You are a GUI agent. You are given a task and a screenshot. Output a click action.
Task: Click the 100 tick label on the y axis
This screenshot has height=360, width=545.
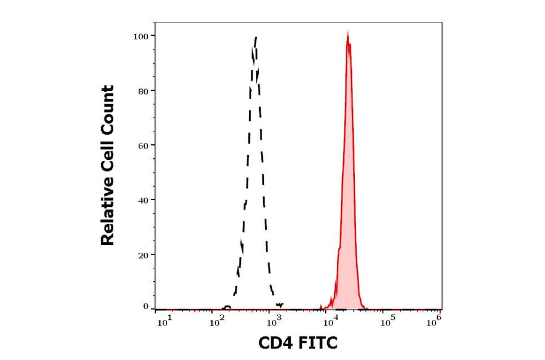coord(140,36)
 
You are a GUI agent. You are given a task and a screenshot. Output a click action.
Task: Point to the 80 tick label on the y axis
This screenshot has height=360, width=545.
coord(142,91)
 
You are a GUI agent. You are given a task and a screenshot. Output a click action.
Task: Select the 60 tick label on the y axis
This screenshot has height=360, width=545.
coord(142,145)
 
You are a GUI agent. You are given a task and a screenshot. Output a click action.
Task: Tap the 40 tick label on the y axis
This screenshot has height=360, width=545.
coord(142,200)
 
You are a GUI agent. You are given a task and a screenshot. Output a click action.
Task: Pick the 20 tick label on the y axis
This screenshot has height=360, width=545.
coord(142,255)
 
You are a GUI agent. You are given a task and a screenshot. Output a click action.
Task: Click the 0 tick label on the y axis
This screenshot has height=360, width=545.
coord(145,307)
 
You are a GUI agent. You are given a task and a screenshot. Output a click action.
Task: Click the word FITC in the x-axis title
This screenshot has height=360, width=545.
coord(315,344)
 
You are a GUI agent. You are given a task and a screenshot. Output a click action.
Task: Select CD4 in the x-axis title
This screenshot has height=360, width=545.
coord(274,344)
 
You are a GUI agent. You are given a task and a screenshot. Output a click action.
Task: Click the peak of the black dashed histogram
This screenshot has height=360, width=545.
coord(256,38)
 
